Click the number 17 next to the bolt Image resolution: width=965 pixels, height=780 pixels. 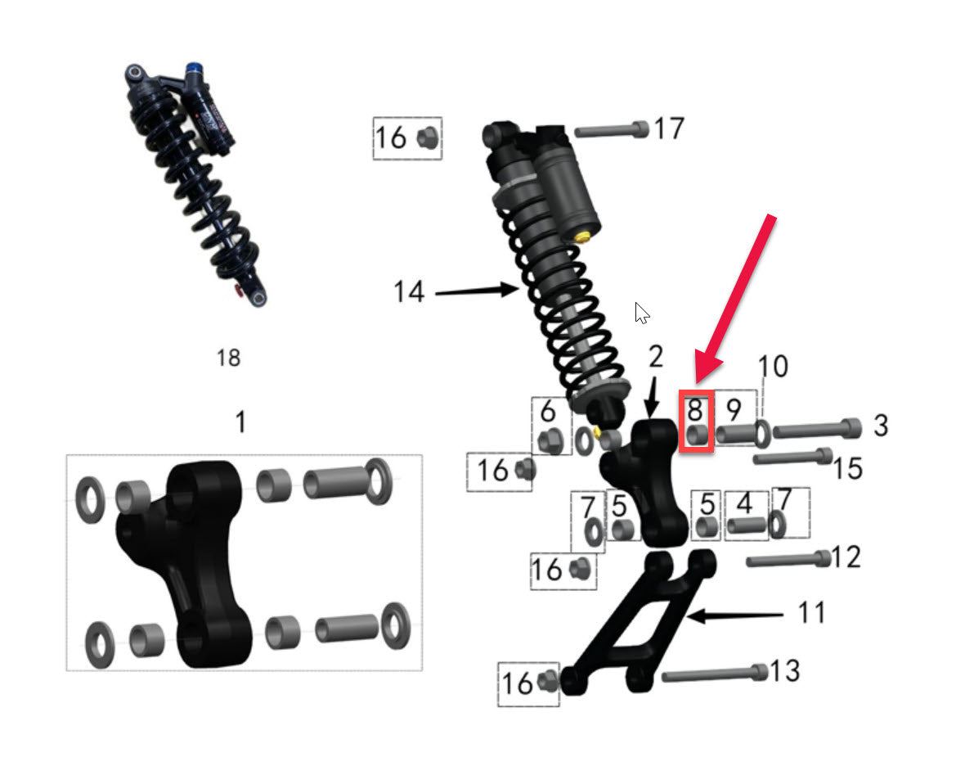(669, 128)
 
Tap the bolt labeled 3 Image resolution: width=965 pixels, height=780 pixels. (817, 428)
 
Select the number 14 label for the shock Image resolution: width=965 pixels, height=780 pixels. (409, 291)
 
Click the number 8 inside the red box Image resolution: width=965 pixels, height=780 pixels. (695, 408)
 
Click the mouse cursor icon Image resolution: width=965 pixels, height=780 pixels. (643, 313)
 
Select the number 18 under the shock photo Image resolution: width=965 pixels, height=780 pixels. (229, 358)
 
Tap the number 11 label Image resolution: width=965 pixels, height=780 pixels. (811, 611)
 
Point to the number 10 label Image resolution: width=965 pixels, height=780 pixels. (773, 366)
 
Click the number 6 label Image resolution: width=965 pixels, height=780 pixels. (548, 412)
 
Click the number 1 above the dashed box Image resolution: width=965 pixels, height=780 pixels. (240, 422)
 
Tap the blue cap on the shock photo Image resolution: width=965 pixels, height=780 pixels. (194, 68)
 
